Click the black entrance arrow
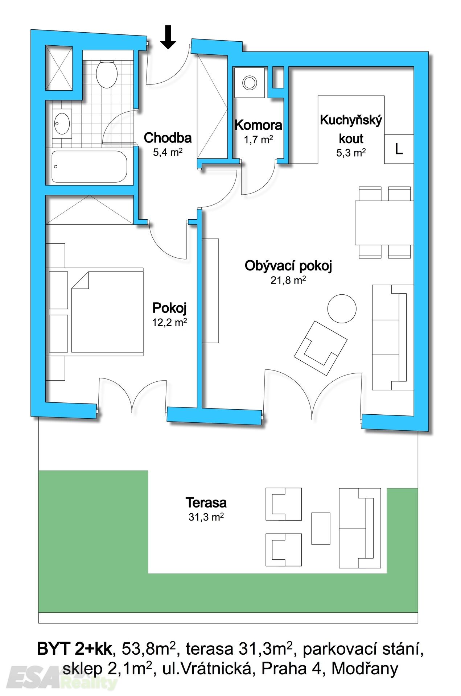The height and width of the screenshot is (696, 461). pos(168,37)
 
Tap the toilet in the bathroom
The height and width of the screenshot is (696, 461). pos(107,74)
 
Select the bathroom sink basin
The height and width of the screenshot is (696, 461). pos(62,123)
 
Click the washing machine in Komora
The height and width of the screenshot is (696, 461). pos(250,82)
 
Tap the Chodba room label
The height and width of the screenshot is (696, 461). pos(168,138)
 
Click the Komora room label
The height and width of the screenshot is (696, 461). pos(258,125)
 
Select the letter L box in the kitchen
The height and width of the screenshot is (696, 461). pos(399,149)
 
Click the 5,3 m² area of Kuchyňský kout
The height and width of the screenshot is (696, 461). pos(351,152)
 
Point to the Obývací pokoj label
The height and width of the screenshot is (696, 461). pos(288,266)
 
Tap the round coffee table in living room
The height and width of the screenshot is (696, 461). pos(342,309)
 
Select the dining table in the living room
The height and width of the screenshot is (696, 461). pos(384,223)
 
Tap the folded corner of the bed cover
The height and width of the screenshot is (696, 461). pos(81,280)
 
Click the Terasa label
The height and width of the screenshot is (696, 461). pos(206,502)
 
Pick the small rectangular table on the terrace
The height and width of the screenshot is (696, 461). pos(321,529)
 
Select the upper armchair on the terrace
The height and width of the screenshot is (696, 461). pos(284,504)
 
